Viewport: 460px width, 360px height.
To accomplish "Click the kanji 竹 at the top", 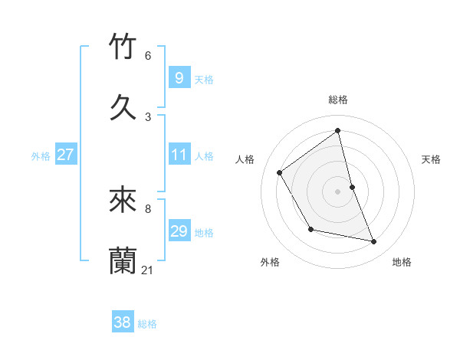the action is (x=123, y=47).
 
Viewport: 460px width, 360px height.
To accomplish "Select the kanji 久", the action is (x=123, y=107).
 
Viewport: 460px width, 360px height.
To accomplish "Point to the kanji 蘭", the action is (x=123, y=260).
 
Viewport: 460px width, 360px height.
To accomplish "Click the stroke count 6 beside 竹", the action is (x=148, y=55).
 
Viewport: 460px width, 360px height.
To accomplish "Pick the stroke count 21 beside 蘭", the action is (x=148, y=270).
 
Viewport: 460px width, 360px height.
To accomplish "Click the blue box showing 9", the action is (x=179, y=78).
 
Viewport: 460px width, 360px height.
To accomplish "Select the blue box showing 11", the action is (x=179, y=155).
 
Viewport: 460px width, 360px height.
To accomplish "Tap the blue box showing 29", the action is (x=179, y=231).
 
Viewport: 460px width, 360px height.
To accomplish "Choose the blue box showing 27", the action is (x=65, y=155).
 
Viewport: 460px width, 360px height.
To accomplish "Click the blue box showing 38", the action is (x=122, y=322).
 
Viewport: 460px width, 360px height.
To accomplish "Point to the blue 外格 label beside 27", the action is (x=41, y=156).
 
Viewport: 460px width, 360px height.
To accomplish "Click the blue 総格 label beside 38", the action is (x=147, y=324).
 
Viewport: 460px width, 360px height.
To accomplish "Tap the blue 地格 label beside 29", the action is (x=204, y=233).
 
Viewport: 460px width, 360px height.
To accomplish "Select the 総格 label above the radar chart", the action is (x=338, y=100).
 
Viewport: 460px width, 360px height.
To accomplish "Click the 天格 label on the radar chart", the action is (x=431, y=159).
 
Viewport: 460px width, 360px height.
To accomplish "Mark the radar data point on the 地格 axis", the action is (x=374, y=242).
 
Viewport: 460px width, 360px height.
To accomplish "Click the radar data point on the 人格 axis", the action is (x=280, y=172).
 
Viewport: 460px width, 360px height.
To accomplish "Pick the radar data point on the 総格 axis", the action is (x=338, y=130).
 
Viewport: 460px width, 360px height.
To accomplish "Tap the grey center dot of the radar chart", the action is (x=338, y=191).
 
